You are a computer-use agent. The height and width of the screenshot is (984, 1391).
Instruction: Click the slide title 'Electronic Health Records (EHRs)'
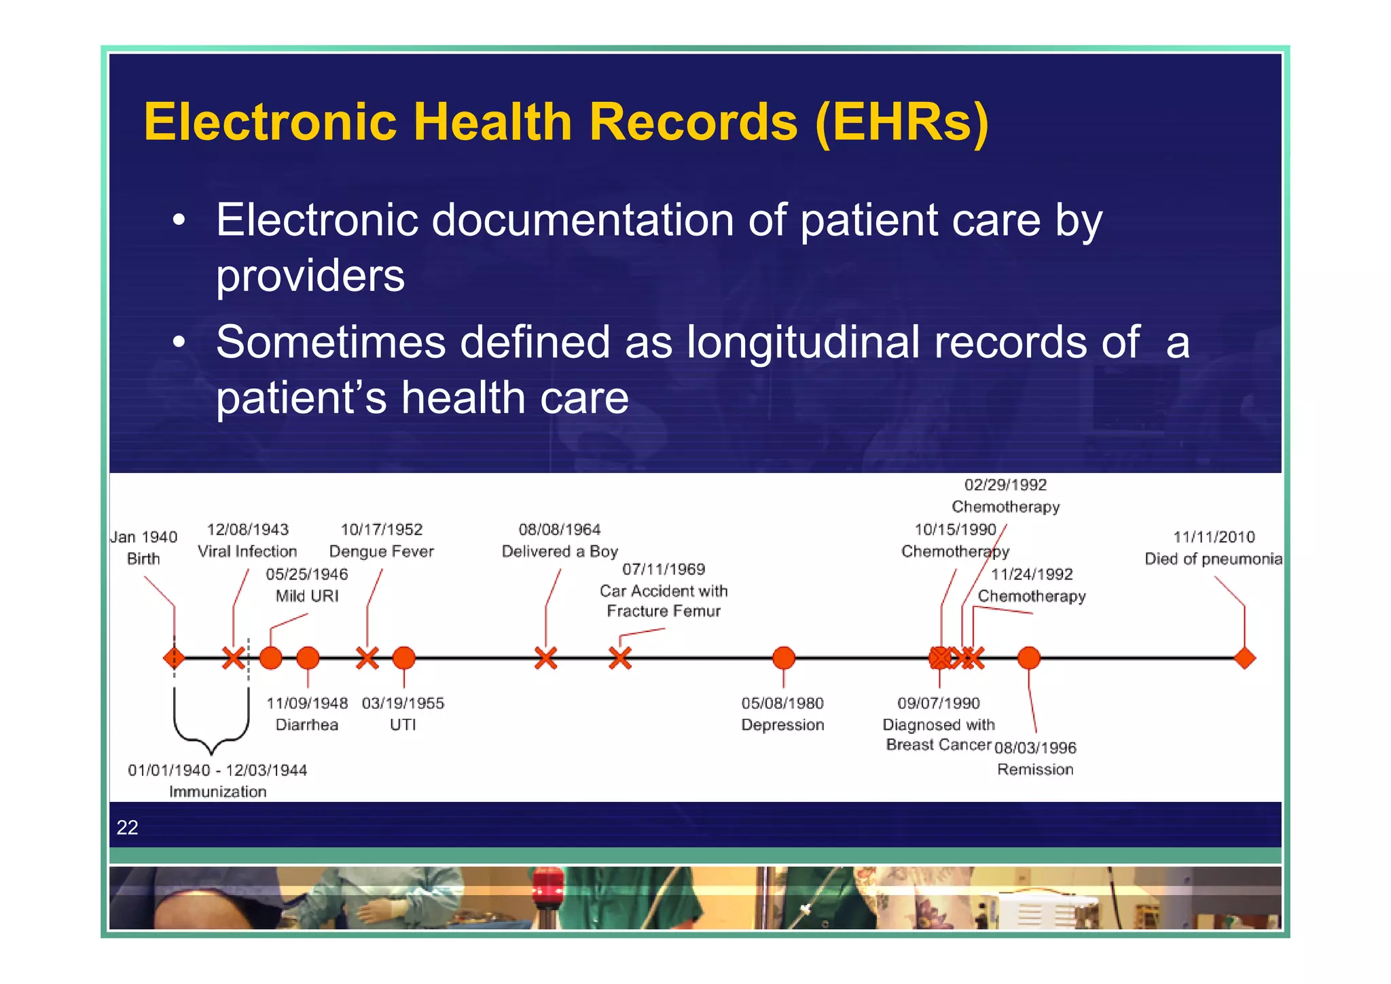[566, 122]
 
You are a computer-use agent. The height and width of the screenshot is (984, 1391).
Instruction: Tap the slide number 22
[127, 827]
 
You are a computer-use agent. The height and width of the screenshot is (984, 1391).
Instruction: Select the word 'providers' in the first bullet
[310, 276]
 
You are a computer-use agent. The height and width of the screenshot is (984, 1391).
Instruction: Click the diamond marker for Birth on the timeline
[174, 658]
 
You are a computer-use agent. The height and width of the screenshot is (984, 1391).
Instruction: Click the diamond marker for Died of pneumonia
[1244, 658]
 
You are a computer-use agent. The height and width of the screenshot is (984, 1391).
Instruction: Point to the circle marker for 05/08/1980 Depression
[783, 658]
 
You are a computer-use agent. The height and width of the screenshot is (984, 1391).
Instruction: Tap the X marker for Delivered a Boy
[545, 658]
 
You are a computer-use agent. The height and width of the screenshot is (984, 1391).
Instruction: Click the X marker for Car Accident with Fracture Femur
[619, 658]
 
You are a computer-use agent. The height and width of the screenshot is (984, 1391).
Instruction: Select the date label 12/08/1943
[248, 529]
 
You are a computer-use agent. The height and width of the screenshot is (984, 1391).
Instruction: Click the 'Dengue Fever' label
[381, 551]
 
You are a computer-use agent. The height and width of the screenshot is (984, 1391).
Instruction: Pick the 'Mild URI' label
[307, 596]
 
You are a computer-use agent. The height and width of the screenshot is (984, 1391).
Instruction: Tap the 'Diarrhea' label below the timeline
[307, 724]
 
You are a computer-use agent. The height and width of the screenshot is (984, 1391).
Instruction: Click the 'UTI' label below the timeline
[403, 724]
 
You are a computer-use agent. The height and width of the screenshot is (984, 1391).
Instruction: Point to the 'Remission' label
[1035, 769]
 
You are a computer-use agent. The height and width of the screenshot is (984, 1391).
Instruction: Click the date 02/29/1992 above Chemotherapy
[1005, 485]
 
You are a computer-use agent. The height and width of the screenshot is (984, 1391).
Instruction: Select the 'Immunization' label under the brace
[217, 792]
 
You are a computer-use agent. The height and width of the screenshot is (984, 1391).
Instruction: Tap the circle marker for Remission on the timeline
[1028, 658]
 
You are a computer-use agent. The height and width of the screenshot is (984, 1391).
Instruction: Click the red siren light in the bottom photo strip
[547, 887]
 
